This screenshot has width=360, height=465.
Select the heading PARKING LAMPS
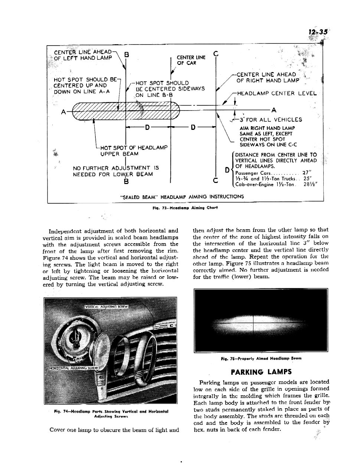click(261, 372)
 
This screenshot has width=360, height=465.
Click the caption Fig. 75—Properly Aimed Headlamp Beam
click(261, 358)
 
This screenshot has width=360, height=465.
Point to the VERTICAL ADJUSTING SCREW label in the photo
click(106, 307)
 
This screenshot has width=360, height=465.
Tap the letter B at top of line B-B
click(127, 55)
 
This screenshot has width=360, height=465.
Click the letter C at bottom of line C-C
click(215, 181)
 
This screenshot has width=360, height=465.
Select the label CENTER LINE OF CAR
click(191, 60)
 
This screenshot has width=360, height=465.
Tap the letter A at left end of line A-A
click(64, 111)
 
